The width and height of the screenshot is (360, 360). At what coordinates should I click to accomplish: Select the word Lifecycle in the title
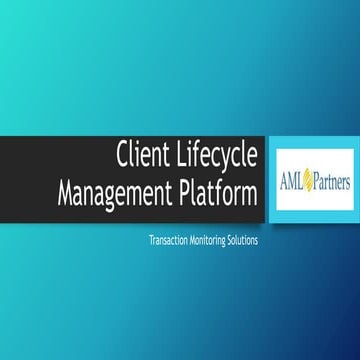pos(217,157)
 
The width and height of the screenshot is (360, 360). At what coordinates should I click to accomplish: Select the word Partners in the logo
pos(329,185)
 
